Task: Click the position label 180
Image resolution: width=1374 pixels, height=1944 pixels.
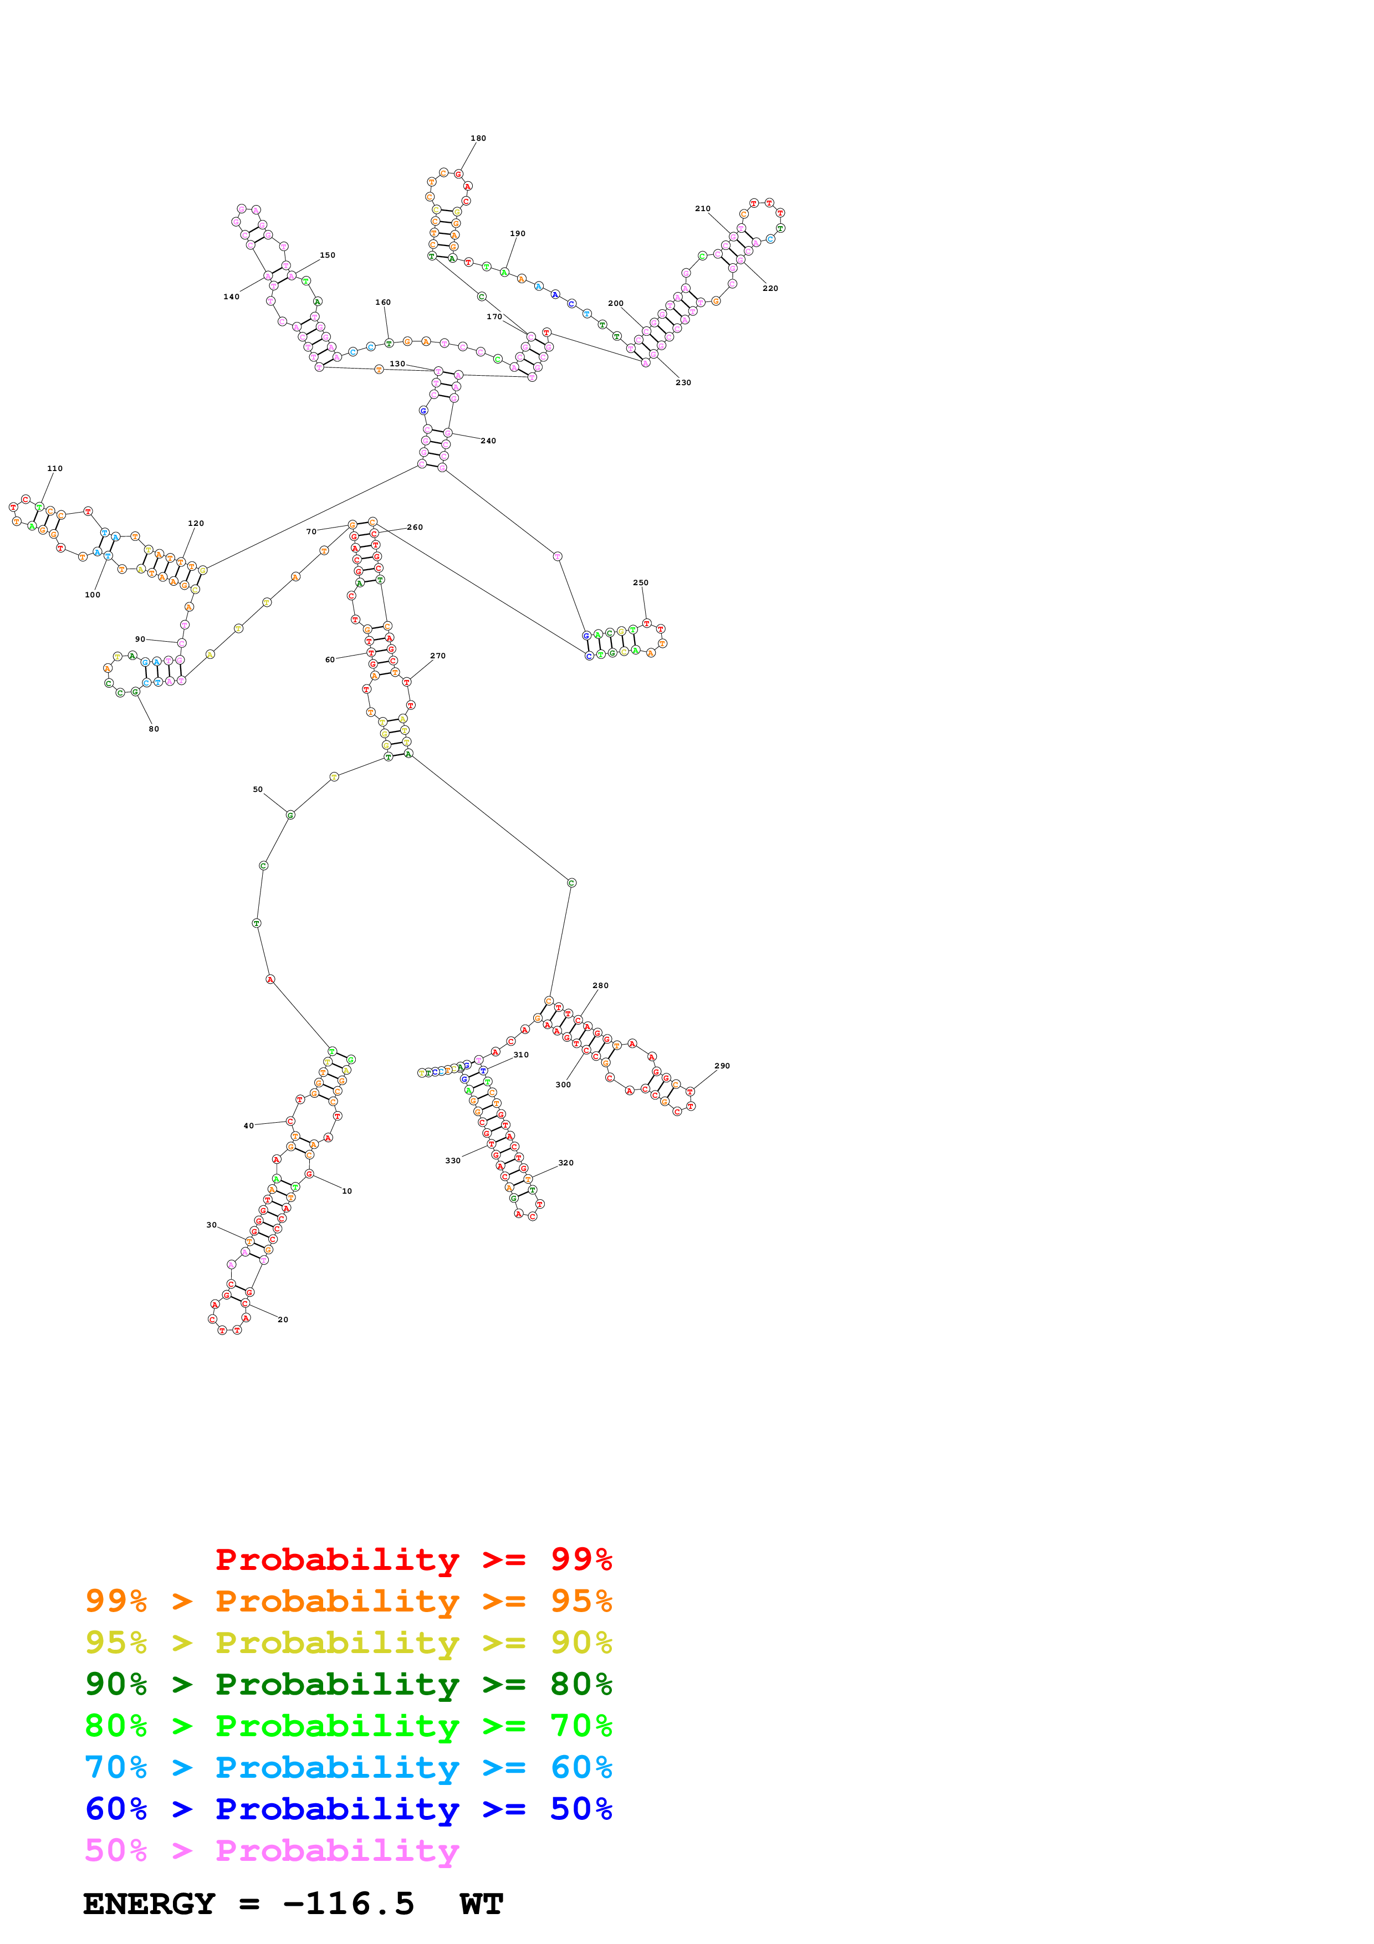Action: tap(478, 138)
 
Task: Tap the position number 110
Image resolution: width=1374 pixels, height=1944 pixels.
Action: tap(55, 468)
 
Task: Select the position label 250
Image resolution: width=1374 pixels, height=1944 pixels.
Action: tap(641, 582)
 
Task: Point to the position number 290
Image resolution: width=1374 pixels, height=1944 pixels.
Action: tap(722, 1066)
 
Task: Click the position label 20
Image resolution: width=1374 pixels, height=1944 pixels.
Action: tap(283, 1319)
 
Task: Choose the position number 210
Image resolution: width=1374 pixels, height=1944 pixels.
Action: tap(703, 208)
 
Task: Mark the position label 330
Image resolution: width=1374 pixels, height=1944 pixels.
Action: tap(453, 1161)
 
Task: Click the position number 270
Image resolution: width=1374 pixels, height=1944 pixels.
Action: tap(438, 656)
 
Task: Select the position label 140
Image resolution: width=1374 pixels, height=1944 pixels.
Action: tap(231, 297)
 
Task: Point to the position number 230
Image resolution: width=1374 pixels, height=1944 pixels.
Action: tap(683, 383)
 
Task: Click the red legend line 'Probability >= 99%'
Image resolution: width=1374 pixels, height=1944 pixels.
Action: tap(413, 1559)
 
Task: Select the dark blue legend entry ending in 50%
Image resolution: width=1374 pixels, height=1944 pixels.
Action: tap(348, 1809)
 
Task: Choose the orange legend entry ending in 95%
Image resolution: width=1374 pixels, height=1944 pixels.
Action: tap(348, 1601)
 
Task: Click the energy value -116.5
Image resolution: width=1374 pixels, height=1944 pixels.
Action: tap(349, 1904)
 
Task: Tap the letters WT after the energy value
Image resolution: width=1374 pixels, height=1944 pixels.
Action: tap(482, 1904)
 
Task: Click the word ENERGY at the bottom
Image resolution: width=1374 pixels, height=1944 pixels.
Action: tap(149, 1904)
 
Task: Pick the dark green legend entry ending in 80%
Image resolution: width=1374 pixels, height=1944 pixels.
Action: tap(348, 1684)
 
